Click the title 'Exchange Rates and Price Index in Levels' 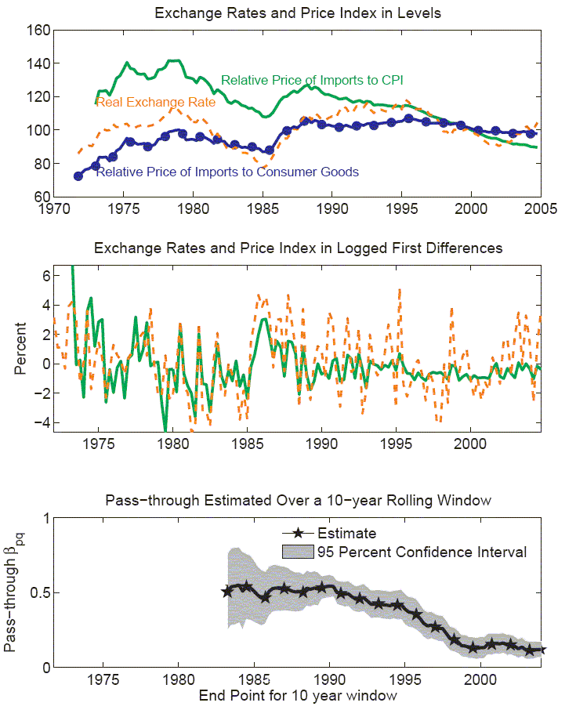pyautogui.click(x=298, y=13)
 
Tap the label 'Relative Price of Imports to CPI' pyautogui.click(x=312, y=80)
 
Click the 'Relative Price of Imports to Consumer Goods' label pyautogui.click(x=227, y=172)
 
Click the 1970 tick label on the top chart pyautogui.click(x=54, y=209)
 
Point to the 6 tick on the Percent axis pyautogui.click(x=46, y=276)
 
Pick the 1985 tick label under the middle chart pyautogui.click(x=246, y=444)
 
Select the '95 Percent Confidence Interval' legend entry pyautogui.click(x=422, y=552)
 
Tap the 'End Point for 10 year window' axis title pyautogui.click(x=299, y=695)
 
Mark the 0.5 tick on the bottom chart pyautogui.click(x=39, y=592)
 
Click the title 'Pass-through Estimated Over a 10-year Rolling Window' pyautogui.click(x=299, y=501)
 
